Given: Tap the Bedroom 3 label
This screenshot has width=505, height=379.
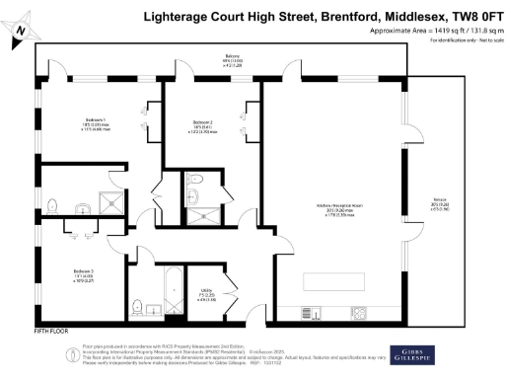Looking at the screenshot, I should point(57,273).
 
